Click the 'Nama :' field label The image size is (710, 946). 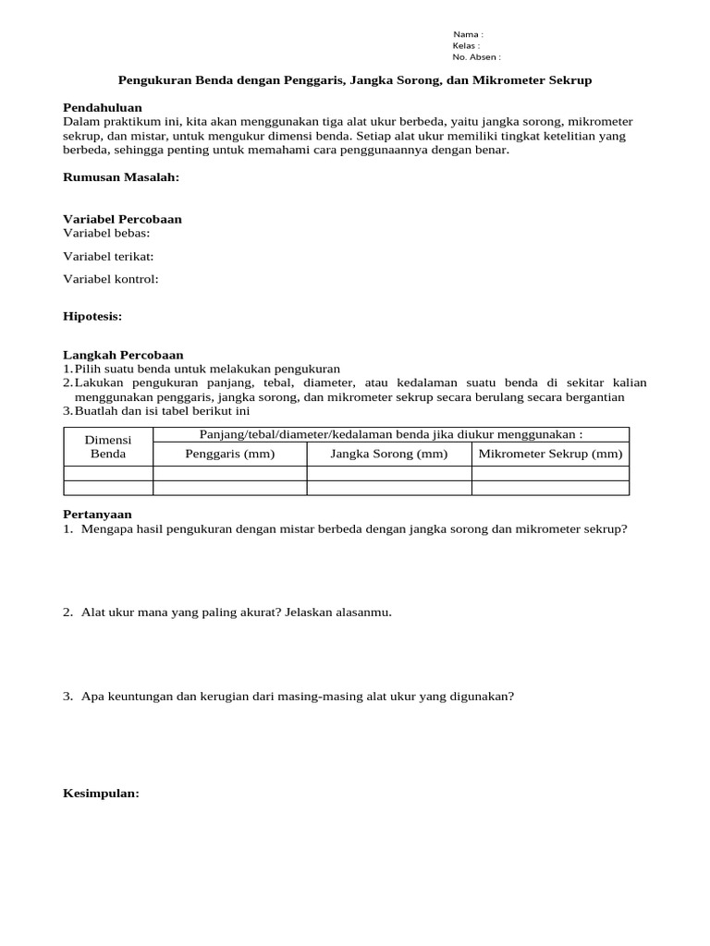pos(467,34)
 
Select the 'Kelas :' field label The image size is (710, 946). pos(466,45)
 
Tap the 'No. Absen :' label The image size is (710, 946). pos(476,56)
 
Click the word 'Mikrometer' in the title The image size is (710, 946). pos(506,80)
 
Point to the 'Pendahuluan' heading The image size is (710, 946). pos(102,108)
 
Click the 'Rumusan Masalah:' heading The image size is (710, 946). pos(120,177)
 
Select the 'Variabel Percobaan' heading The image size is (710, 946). pos(122,219)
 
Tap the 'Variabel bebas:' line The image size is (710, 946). pos(106,233)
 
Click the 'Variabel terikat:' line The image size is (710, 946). pos(108,256)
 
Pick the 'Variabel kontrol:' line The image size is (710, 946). pos(111,279)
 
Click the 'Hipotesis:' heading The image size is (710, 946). pos(92,316)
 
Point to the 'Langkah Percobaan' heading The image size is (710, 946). pos(123,355)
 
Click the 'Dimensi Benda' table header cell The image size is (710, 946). pos(108,446)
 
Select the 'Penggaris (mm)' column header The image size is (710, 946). pos(229,454)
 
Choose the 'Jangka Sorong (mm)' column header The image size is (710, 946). pos(388,454)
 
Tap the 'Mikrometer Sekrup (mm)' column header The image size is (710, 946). pos(550,454)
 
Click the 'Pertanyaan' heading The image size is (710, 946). pos(97,514)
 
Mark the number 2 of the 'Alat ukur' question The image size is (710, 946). pos(67,612)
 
